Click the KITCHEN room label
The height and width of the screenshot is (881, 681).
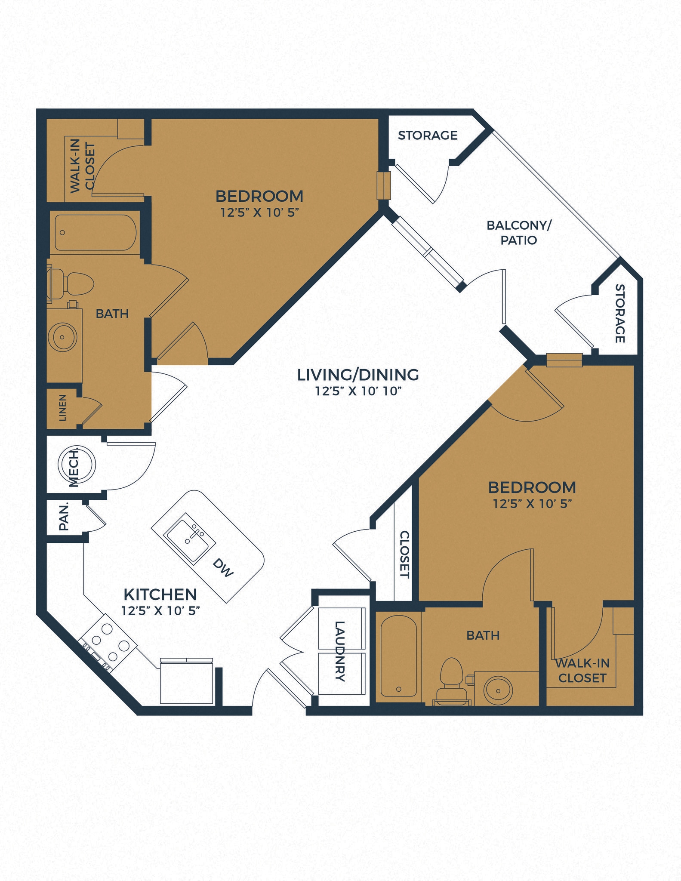(x=160, y=595)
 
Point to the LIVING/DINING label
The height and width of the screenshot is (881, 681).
(x=358, y=375)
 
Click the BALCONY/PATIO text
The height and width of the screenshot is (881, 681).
(x=519, y=232)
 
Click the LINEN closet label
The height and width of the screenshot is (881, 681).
(x=62, y=407)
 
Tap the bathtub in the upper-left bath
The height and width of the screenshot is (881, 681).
(x=96, y=233)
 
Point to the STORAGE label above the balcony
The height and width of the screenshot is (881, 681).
(x=427, y=136)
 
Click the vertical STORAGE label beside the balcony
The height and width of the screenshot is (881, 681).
(x=619, y=313)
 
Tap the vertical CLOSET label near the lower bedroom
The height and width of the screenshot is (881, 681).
(x=404, y=554)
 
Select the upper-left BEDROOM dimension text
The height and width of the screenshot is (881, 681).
(x=259, y=213)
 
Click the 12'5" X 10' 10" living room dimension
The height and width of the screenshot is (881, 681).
(x=358, y=391)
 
